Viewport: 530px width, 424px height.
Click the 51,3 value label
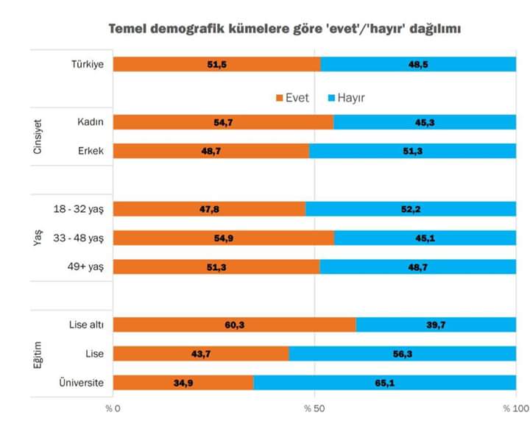pos(216,266)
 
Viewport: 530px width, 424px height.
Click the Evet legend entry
pos(291,98)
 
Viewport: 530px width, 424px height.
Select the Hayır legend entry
pos(346,98)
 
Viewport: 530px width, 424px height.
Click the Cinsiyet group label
pos(38,136)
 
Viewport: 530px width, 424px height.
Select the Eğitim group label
pos(38,353)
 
